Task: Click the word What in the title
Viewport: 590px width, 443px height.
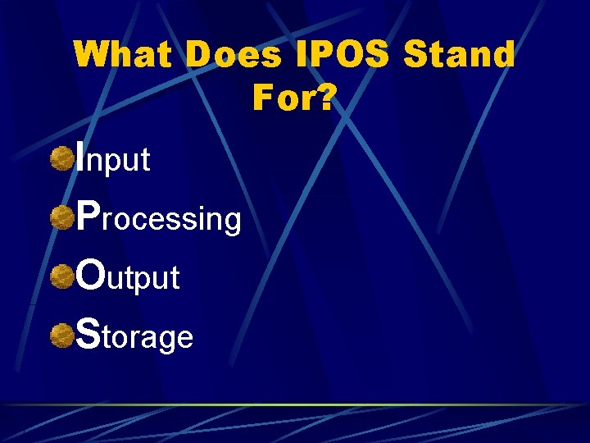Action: point(125,56)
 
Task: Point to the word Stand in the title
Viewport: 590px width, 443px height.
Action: point(461,56)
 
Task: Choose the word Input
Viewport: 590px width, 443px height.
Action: point(113,158)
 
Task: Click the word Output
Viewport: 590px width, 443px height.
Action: point(127,277)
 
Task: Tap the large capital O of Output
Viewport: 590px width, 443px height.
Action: point(90,274)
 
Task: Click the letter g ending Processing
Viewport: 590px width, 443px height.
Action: point(233,222)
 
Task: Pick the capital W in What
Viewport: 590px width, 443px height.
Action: point(92,56)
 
